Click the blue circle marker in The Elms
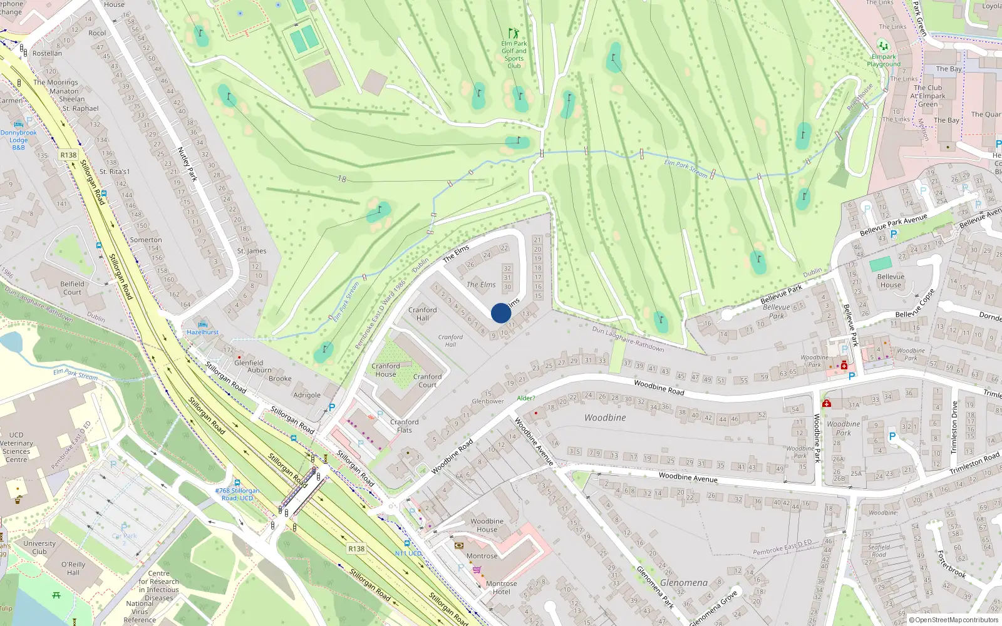pos(501,313)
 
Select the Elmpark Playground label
pos(884,60)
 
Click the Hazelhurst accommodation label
pos(203,332)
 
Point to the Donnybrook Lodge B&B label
pos(19,140)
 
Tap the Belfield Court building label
pos(72,288)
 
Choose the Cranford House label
pos(386,370)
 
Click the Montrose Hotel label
pos(501,587)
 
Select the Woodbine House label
pos(487,525)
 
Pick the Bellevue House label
pos(891,280)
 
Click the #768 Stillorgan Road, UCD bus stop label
pos(237,495)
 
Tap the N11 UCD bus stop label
pos(408,553)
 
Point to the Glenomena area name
pos(684,583)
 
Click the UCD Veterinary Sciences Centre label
pos(16,447)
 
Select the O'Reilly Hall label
pos(73,568)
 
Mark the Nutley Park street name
pos(187,164)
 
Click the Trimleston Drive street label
pos(954,428)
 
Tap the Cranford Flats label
pos(405,426)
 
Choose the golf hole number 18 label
pos(342,179)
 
